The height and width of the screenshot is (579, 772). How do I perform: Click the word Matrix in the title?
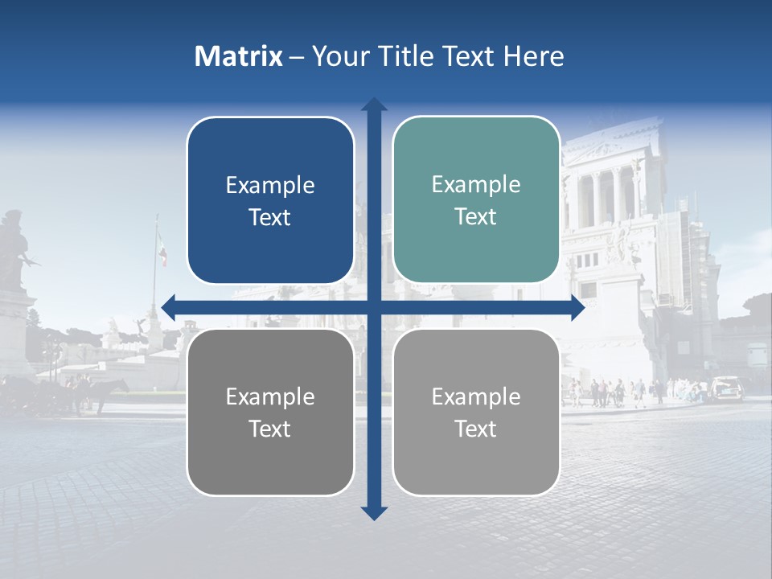238,56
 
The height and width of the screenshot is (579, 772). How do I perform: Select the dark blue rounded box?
270,201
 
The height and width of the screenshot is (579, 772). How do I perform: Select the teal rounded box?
476,200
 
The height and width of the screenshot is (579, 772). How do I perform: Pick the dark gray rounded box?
270,412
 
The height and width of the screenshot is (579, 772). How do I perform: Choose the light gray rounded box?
476,412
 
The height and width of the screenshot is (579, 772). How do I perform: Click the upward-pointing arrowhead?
374,105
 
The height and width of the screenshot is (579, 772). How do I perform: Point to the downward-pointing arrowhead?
374,512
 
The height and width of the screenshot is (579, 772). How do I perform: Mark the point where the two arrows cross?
374,306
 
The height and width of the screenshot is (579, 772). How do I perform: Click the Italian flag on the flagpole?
162,250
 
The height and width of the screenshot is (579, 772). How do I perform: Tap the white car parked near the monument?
727,387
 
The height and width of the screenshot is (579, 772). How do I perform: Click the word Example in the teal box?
476,185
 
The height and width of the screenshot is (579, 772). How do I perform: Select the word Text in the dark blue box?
270,218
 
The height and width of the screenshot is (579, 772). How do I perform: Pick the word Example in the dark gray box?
270,396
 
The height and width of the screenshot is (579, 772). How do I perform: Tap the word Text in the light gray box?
476,429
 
